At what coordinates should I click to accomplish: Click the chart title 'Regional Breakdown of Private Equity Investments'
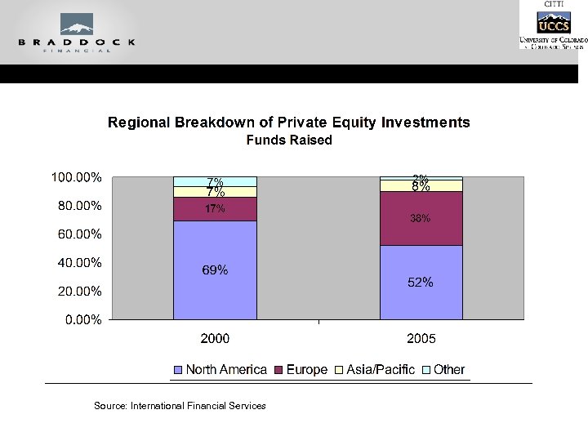pos(289,122)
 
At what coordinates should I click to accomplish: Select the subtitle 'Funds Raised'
pos(289,140)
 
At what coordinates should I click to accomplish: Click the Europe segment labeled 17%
pos(215,209)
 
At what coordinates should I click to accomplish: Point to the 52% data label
pos(421,283)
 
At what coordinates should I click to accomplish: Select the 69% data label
pos(215,270)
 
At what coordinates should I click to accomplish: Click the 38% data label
pos(421,219)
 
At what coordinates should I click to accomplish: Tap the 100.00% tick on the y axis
pos(77,177)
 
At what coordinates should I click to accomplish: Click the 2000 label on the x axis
pos(215,338)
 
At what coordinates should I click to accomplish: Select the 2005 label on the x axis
pos(421,338)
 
